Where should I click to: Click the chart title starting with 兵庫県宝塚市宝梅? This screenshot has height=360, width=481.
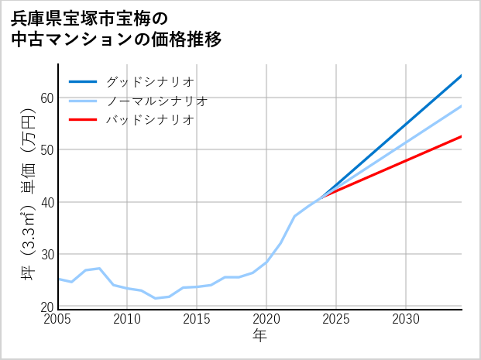point(116,28)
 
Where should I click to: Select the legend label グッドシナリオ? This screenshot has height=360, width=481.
point(149,81)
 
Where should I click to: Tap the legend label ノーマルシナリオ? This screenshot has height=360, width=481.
point(156,101)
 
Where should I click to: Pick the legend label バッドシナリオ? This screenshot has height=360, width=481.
point(149,120)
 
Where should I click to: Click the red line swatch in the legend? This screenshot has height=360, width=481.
point(84,120)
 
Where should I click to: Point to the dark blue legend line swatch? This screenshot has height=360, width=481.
point(84,81)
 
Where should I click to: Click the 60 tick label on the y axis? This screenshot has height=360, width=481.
point(46,98)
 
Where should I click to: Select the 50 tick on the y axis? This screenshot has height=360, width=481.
point(46,149)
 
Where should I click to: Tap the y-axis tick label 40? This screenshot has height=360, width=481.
point(46,202)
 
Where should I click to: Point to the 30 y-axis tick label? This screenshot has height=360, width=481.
point(46,255)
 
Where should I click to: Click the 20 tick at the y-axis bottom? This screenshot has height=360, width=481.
point(46,307)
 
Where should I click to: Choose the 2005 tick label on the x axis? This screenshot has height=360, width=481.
point(58,319)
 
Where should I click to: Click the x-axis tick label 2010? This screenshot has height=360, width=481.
point(128,319)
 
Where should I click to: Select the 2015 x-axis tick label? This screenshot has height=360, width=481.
point(198,319)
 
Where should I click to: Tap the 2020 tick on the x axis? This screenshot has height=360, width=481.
point(266,319)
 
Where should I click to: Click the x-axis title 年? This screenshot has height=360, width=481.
point(259,336)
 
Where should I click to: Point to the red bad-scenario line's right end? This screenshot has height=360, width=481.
point(461,136)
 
